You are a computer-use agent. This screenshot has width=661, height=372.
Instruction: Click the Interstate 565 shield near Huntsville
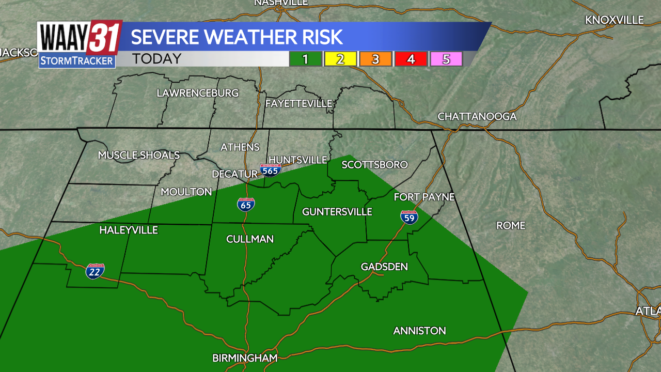[x=271, y=170]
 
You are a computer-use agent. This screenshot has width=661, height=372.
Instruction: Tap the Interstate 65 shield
[x=246, y=205]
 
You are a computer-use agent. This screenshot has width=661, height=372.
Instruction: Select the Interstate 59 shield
[x=409, y=218]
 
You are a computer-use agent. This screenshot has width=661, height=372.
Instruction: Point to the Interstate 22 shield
[x=95, y=271]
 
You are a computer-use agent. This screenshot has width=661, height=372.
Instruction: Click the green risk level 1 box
[x=305, y=59]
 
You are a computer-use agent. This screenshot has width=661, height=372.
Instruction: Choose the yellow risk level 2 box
[x=340, y=59]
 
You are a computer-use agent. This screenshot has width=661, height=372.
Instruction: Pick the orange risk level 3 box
[x=375, y=59]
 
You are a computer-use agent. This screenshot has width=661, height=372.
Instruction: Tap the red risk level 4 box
[x=411, y=59]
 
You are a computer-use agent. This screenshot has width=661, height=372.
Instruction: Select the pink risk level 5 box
[x=446, y=59]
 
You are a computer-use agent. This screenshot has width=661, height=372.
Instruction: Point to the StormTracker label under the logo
[x=77, y=61]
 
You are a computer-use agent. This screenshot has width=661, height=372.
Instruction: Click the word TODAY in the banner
[x=156, y=59]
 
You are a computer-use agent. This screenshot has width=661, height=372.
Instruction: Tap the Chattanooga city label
[x=477, y=117]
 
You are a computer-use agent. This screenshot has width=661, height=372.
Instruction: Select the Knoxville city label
[x=614, y=20]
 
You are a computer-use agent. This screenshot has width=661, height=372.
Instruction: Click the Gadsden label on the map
[x=384, y=267]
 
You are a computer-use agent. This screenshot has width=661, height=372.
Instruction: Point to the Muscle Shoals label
[x=139, y=155]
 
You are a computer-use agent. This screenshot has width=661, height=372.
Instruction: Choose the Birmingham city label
[x=245, y=358]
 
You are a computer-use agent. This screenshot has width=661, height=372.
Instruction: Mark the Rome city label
[x=511, y=225]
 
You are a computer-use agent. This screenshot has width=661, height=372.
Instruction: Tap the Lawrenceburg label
[x=198, y=93]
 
